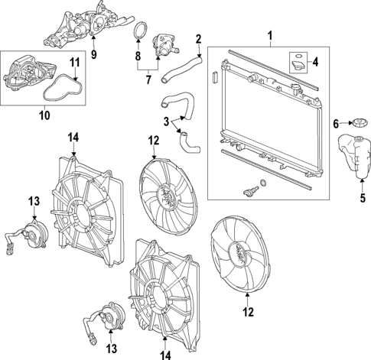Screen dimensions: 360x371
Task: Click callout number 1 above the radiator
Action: pos(268,35)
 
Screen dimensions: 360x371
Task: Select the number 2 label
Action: pos(198,39)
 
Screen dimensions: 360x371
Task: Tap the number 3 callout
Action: pos(166,121)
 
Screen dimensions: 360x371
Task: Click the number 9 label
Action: pos(94,54)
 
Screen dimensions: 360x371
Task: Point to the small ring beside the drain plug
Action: pos(264,183)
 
